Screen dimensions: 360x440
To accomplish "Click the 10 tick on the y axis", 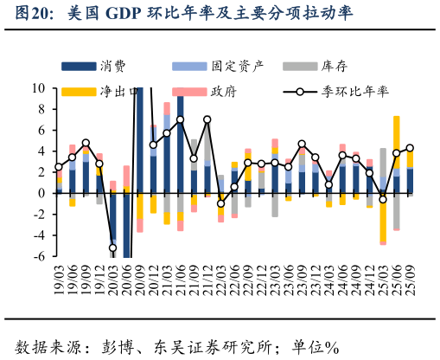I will pyautogui.click(x=39, y=88).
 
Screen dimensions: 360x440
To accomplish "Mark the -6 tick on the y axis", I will pyautogui.click(x=39, y=256).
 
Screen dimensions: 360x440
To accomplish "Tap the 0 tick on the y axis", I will pyautogui.click(x=42, y=193).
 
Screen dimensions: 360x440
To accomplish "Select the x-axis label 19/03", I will pyautogui.click(x=59, y=282).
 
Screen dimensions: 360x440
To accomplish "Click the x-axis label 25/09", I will pyautogui.click(x=410, y=282).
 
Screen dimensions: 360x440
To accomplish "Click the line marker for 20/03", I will pyautogui.click(x=112, y=248).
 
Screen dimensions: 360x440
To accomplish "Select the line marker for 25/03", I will pyautogui.click(x=383, y=199).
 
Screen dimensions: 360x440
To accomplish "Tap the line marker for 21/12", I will pyautogui.click(x=207, y=119).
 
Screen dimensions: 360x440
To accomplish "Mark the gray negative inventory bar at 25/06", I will pyautogui.click(x=396, y=211).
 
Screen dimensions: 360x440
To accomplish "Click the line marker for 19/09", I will pyautogui.click(x=86, y=143).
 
